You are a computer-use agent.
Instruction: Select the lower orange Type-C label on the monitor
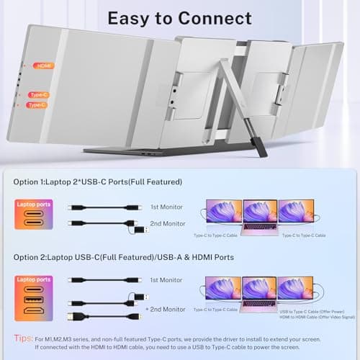coord(36,105)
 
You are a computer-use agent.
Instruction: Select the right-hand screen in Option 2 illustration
coord(296,289)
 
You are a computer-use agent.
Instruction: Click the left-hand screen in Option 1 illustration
coord(224,211)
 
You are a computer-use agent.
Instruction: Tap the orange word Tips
coord(23,338)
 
